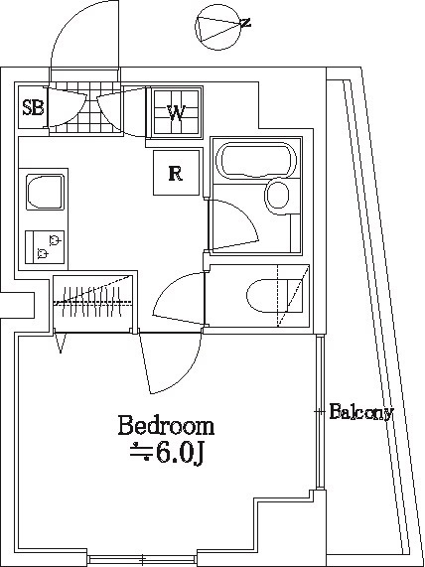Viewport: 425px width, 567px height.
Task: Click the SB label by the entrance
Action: (x=34, y=108)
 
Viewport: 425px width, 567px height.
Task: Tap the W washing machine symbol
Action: (x=176, y=112)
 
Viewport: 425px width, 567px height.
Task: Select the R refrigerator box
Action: (x=176, y=173)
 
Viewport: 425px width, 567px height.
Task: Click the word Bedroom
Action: (x=166, y=426)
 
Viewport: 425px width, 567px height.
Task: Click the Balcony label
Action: (x=361, y=412)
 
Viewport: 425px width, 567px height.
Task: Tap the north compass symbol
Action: (x=218, y=27)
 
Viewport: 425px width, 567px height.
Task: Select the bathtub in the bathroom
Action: (x=256, y=160)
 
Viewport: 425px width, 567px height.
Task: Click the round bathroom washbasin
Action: (x=277, y=196)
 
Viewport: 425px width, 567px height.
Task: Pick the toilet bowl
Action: (x=268, y=296)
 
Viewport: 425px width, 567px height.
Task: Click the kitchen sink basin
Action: (x=45, y=192)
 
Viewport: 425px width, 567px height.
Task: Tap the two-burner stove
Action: (x=45, y=247)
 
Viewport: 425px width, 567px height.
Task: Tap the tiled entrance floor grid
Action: (x=85, y=107)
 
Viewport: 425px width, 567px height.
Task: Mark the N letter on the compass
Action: (x=246, y=23)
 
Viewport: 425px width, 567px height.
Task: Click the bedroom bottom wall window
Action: (x=142, y=560)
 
